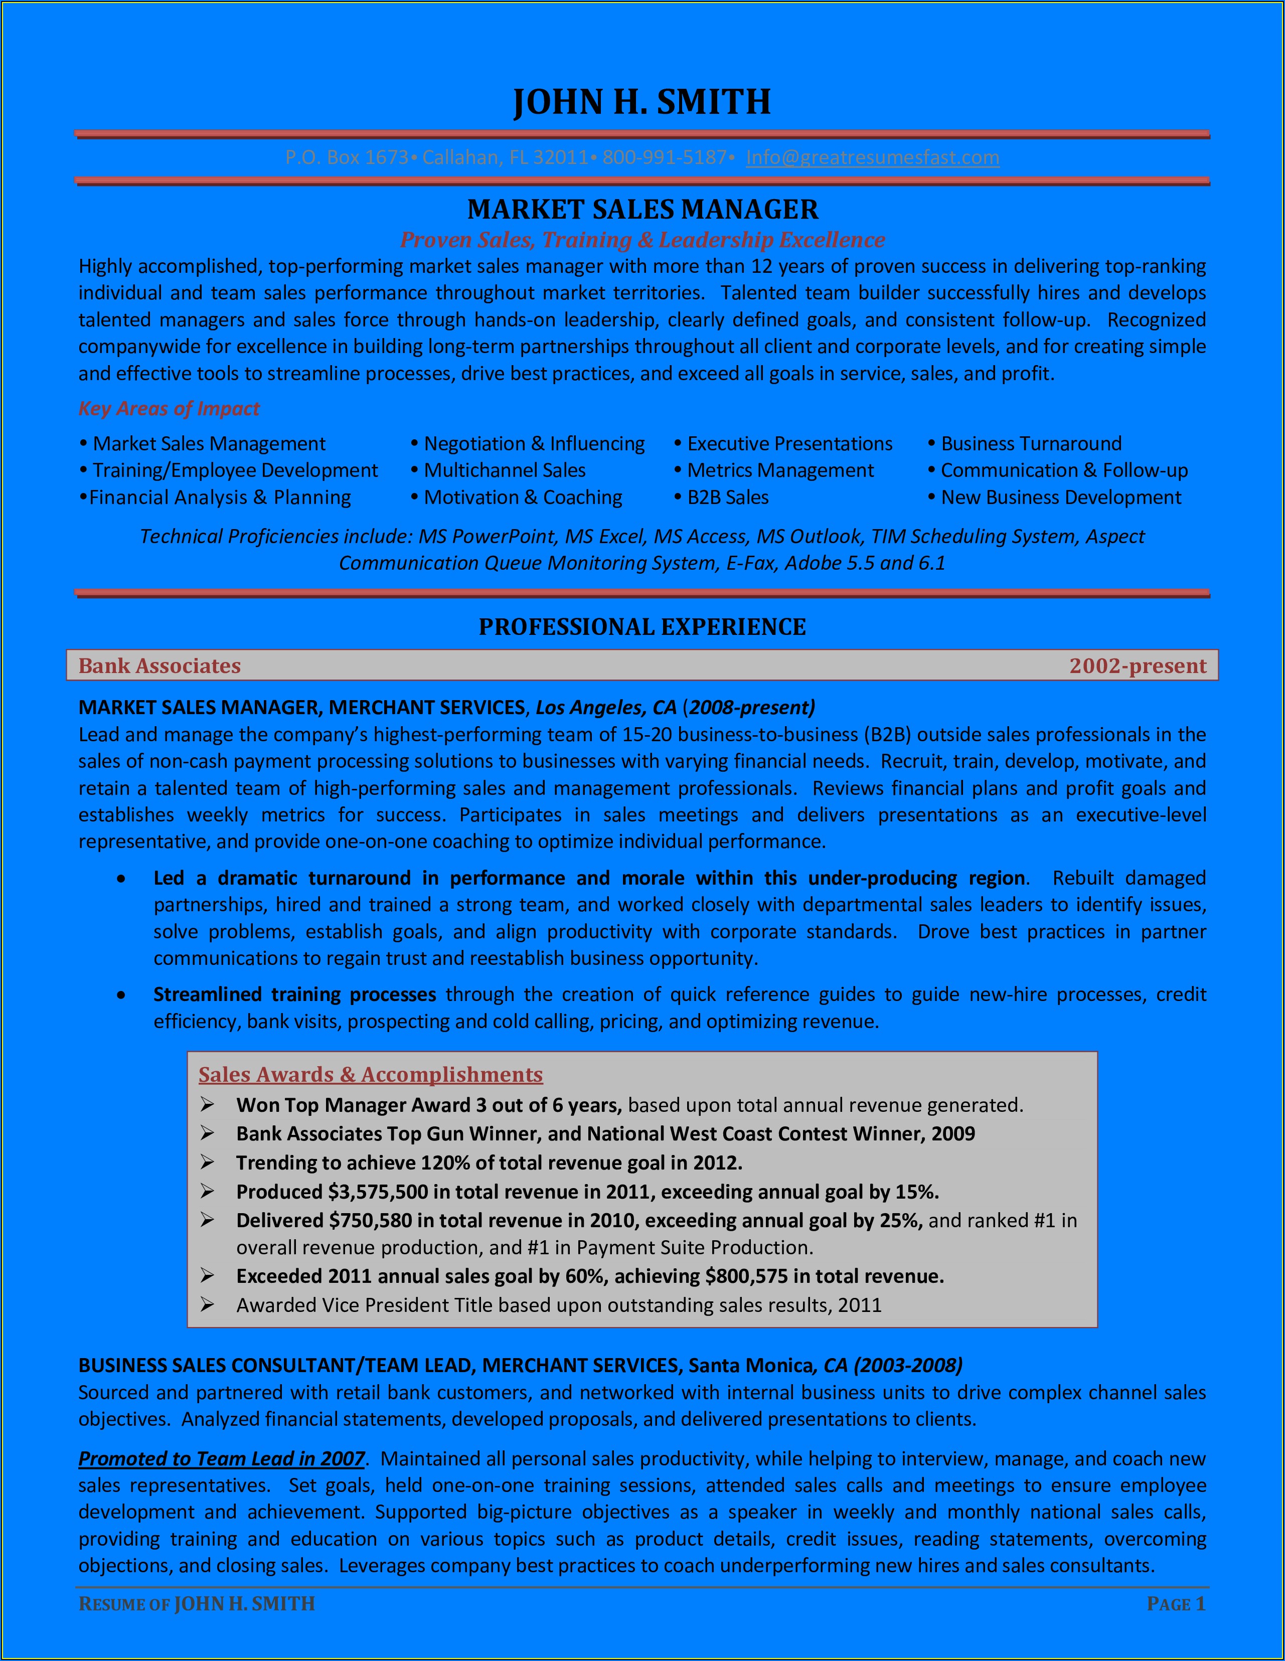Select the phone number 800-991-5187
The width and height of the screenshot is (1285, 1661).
(664, 157)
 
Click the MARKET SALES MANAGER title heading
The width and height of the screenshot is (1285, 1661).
(642, 209)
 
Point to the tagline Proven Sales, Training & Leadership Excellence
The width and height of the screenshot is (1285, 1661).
(642, 240)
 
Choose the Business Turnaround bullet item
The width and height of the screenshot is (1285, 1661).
(1030, 443)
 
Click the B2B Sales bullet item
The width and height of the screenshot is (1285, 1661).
(727, 497)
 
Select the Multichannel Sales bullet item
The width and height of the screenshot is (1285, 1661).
(505, 471)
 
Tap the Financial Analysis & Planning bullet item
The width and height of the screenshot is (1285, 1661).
(220, 497)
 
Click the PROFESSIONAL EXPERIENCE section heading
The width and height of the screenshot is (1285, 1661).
(642, 627)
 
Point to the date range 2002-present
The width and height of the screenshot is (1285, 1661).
(1138, 666)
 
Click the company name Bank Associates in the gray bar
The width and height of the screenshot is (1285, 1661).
(160, 666)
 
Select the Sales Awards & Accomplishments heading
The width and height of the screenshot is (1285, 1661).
(371, 1075)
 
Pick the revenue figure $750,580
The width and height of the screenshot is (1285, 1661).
(371, 1221)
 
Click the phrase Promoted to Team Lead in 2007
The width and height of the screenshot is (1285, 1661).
(221, 1459)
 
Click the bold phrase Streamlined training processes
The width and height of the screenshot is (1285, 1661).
(294, 995)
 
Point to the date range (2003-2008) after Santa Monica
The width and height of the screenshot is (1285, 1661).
(908, 1365)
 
